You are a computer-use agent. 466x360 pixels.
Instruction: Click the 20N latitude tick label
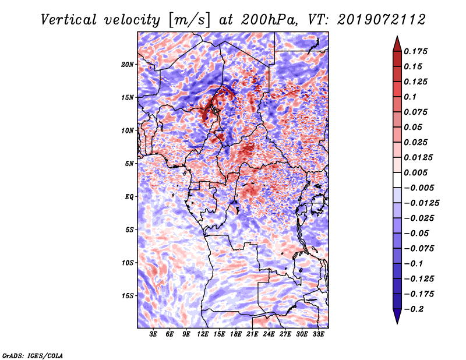pyautogui.click(x=128, y=64)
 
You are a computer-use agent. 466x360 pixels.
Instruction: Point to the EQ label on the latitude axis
pyautogui.click(x=129, y=197)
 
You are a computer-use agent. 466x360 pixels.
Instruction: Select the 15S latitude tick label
pyautogui.click(x=128, y=296)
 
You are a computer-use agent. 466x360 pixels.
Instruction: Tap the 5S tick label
pyautogui.click(x=129, y=230)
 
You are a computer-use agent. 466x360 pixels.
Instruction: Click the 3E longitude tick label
pyautogui.click(x=154, y=335)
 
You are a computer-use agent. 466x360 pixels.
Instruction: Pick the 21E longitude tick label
pyautogui.click(x=252, y=335)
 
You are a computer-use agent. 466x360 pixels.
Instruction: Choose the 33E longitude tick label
pyautogui.click(x=318, y=335)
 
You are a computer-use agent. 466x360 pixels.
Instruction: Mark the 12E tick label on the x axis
pyautogui.click(x=203, y=335)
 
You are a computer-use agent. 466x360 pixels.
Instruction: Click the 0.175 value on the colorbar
pyautogui.click(x=416, y=51)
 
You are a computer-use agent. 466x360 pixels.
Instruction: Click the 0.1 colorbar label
pyautogui.click(x=411, y=97)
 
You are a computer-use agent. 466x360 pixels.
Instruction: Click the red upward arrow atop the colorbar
pyautogui.click(x=396, y=43)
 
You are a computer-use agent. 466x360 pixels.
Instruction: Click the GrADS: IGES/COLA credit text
pyautogui.click(x=33, y=355)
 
